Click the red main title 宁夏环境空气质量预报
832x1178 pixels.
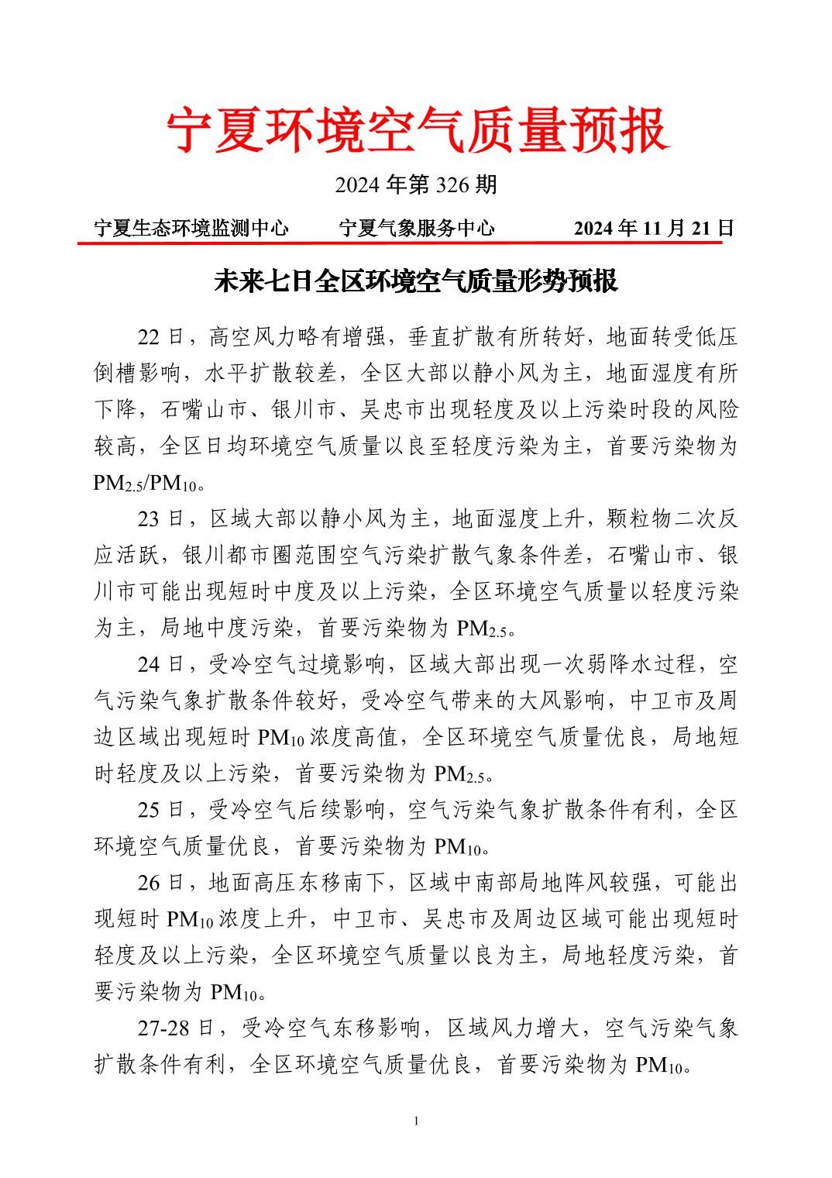(416, 130)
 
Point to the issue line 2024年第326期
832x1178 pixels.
(416, 184)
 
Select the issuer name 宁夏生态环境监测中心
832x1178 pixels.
(191, 228)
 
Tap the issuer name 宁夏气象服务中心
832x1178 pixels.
(417, 228)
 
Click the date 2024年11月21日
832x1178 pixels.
(654, 228)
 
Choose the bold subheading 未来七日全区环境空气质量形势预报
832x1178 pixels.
(416, 281)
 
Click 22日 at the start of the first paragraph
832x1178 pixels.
(161, 337)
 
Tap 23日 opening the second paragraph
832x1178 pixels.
(161, 518)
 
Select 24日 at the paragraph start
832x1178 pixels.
(161, 664)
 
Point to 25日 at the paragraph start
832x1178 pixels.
(161, 810)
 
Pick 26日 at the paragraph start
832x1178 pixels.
(161, 883)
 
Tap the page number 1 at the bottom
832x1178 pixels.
(416, 1121)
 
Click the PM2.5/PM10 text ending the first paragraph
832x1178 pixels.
(146, 484)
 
